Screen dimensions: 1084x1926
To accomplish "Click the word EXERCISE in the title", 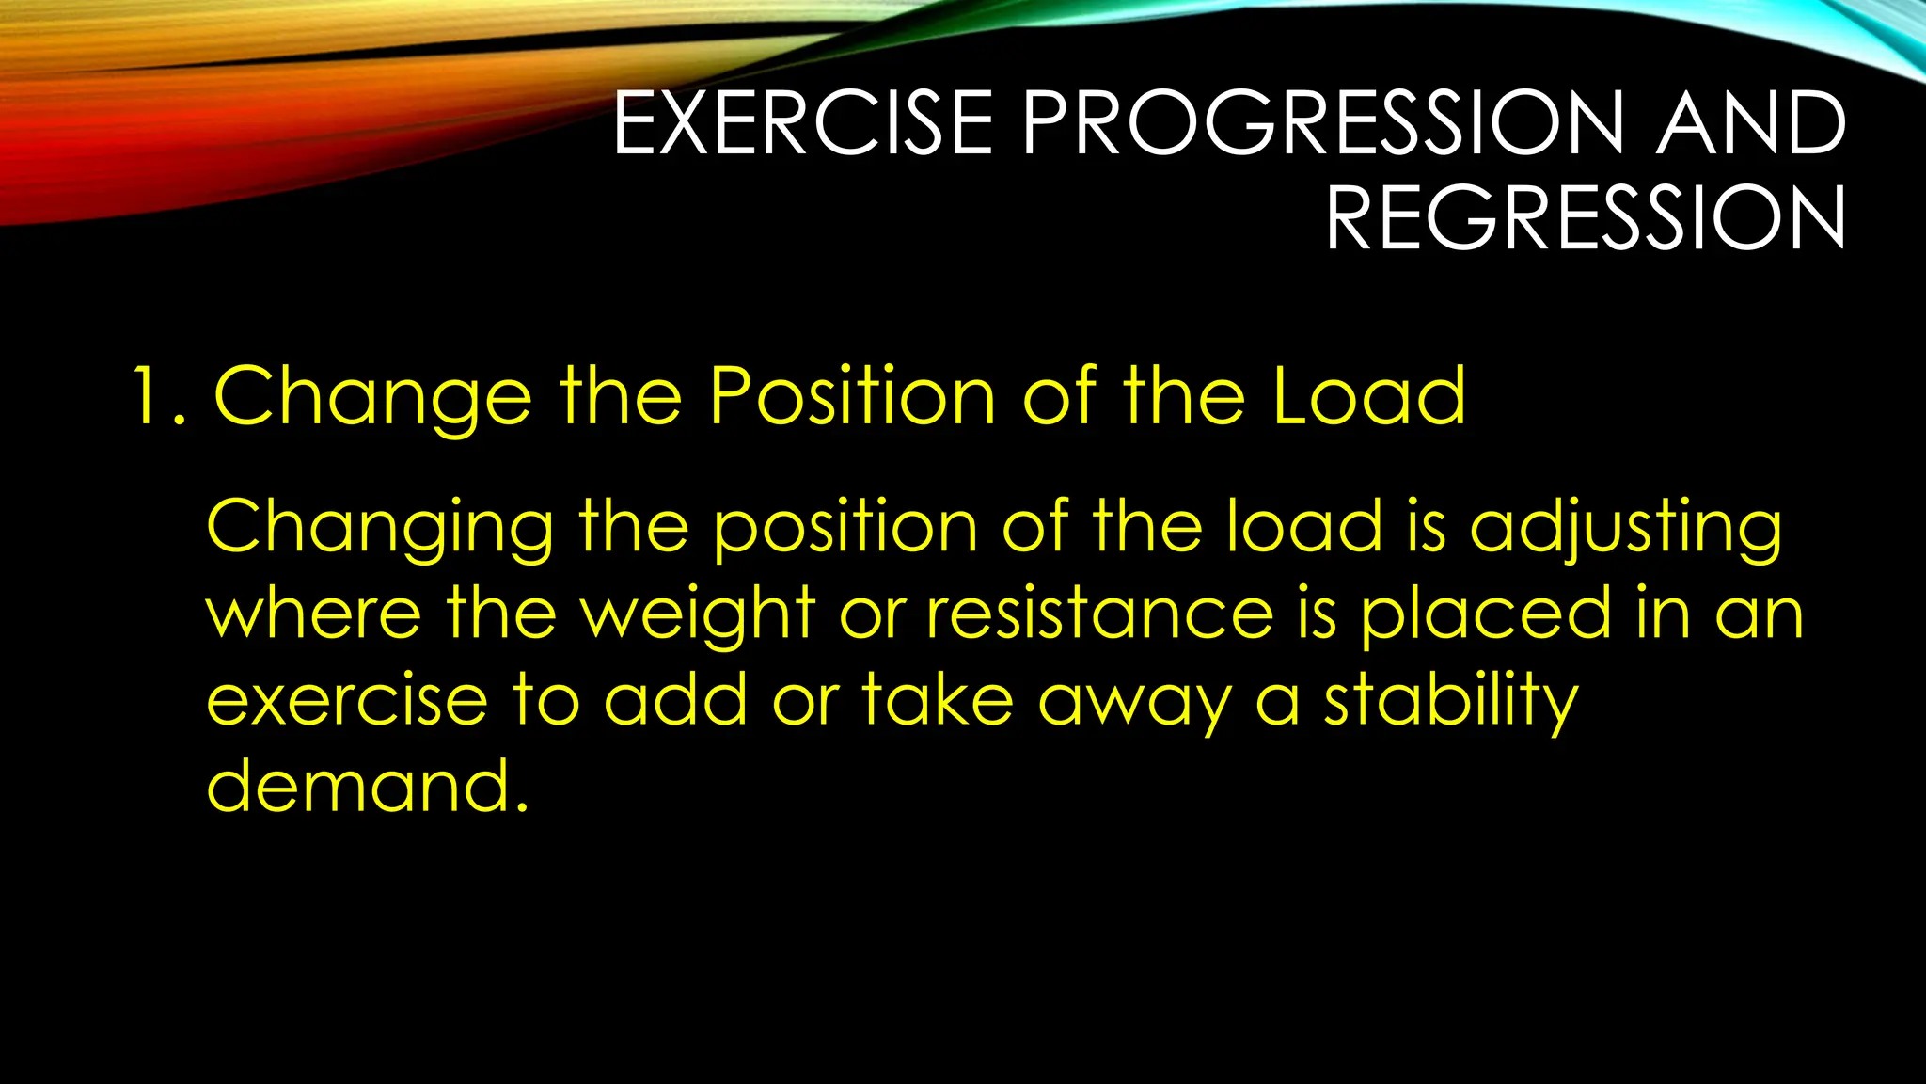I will click(802, 123).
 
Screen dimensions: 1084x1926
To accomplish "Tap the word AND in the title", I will click(1751, 123).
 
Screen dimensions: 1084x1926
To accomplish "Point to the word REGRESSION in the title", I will click(1586, 218).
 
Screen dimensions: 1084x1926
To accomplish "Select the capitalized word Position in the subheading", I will click(852, 396).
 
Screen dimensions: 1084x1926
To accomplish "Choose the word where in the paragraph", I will click(313, 614).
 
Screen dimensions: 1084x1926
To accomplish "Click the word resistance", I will click(1099, 614).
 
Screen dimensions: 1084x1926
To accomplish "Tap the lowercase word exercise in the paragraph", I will click(347, 701).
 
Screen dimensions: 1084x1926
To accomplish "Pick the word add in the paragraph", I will click(675, 699).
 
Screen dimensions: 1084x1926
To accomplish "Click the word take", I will click(938, 699).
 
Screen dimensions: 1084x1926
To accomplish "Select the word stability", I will click(1451, 701).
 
